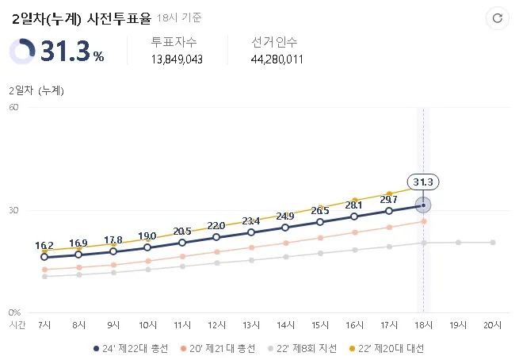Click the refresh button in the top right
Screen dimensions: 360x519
[x=497, y=17]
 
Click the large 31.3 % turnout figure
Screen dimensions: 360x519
[x=72, y=52]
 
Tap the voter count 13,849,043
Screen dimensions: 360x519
[x=177, y=59]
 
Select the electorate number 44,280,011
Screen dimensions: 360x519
[x=277, y=59]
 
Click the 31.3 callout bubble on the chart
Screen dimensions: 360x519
[x=423, y=182]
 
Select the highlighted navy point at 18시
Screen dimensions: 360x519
[x=423, y=205]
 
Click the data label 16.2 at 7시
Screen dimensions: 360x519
[x=44, y=245]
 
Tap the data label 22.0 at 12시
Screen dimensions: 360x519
[x=216, y=226]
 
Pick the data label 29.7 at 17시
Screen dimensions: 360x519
[x=389, y=199]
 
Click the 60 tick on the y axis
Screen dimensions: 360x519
[x=13, y=108]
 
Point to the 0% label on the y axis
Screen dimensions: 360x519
[x=13, y=312]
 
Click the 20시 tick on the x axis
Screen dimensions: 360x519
[x=492, y=325]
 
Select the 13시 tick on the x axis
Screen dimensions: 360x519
[x=251, y=325]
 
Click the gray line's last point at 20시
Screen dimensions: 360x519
[x=492, y=242]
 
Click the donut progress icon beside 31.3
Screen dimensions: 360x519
[x=21, y=52]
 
